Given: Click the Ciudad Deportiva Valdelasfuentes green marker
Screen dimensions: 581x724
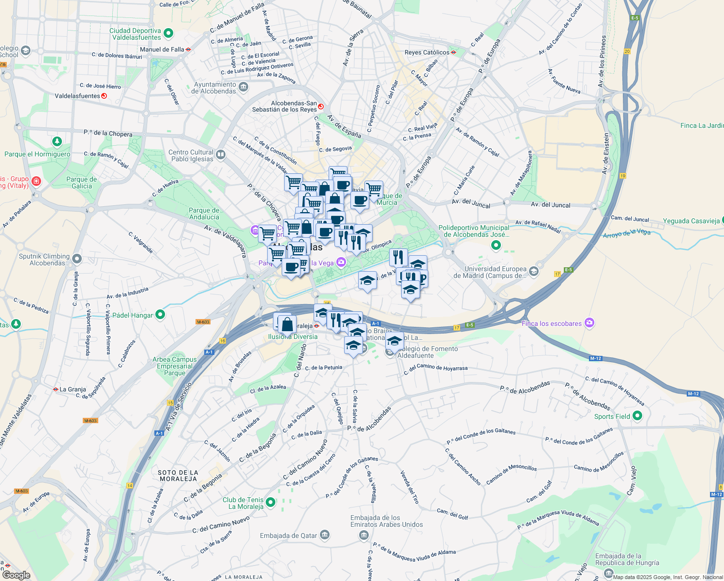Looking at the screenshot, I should (168, 33).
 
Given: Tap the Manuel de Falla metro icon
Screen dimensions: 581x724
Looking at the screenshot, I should (188, 49).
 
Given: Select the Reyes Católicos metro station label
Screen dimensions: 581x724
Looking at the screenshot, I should (427, 52).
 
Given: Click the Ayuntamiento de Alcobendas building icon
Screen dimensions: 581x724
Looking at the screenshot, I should (243, 87).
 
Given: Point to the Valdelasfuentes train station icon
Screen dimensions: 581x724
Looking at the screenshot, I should (104, 96).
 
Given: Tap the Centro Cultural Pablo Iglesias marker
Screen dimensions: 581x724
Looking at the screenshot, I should (221, 154).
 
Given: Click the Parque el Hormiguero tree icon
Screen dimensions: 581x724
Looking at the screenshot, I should (57, 141).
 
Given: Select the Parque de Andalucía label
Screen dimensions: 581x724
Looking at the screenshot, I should (204, 214).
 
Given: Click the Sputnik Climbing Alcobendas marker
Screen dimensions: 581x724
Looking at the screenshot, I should (76, 259).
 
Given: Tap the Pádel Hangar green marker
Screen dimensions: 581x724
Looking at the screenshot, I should (160, 315).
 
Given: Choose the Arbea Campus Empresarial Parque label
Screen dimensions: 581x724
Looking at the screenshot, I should (175, 366).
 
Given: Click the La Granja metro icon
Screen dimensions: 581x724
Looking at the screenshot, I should (56, 389).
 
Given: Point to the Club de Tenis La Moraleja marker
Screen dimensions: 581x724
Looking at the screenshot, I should (271, 503).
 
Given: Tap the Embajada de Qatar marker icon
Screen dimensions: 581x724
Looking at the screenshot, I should (325, 535).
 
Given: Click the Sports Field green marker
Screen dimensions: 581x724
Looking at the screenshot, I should (637, 415).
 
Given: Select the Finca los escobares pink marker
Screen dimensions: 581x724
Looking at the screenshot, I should (589, 323).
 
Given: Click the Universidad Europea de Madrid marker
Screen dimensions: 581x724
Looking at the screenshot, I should (533, 271).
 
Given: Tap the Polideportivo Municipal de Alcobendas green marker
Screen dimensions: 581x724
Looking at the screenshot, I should (496, 245).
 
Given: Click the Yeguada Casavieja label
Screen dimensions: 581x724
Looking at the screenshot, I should (691, 221).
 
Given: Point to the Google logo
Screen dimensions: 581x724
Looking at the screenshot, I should (16, 575).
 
